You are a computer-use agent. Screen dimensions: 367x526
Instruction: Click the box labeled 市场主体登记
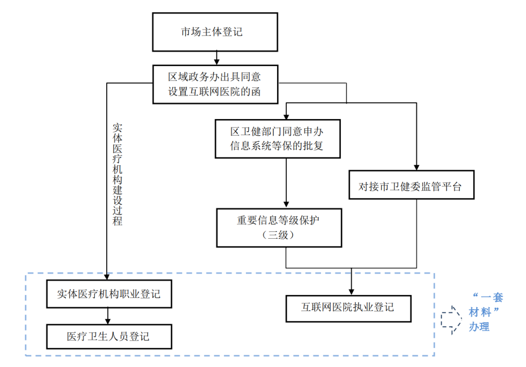coord(215,32)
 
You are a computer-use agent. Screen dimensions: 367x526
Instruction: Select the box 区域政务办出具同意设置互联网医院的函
coord(215,84)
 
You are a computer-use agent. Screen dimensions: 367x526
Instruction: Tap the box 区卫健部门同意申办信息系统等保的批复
coord(277,139)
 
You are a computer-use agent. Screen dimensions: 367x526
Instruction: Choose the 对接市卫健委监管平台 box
coord(412,185)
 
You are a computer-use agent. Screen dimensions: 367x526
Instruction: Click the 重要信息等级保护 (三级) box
coord(279,227)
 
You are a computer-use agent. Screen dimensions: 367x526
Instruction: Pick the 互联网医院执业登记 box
coord(348,308)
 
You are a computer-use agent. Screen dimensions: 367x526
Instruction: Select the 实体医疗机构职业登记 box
coord(109,294)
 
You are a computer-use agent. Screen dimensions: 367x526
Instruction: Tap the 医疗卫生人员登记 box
coord(109,336)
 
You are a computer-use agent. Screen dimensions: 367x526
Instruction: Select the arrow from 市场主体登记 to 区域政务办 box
coord(215,58)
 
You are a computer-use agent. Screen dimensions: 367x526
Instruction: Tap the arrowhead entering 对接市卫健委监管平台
coord(417,166)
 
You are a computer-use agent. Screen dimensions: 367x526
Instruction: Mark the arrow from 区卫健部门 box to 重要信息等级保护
coord(286,182)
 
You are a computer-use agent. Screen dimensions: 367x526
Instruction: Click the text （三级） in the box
coord(279,235)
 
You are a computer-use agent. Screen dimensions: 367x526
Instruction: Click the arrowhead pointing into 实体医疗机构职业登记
coord(106,276)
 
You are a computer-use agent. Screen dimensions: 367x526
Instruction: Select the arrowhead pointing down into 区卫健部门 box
coord(286,116)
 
